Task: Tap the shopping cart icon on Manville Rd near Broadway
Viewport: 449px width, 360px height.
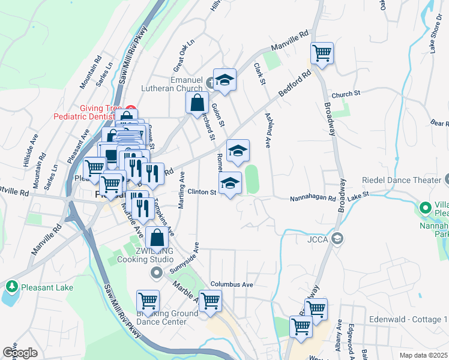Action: (322, 53)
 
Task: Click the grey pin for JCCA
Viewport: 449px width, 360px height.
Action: (337, 239)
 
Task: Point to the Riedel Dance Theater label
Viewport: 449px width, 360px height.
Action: (400, 180)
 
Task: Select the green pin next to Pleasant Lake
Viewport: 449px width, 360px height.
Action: (11, 286)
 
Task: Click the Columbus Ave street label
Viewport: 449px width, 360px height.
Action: (232, 284)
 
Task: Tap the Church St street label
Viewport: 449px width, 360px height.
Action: (345, 94)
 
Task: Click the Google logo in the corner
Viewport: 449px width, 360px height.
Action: (20, 353)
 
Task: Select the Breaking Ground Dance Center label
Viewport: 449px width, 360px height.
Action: (167, 317)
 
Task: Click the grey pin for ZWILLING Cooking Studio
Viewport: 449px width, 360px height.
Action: (157, 274)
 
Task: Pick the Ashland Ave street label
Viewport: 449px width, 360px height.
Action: (268, 132)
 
